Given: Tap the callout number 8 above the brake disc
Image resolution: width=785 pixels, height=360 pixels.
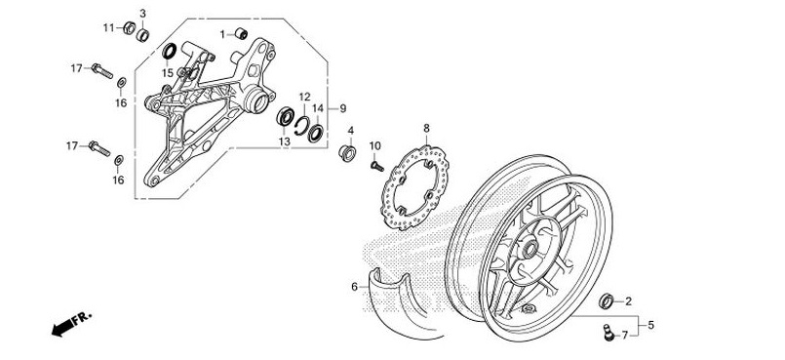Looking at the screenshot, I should click(x=426, y=129).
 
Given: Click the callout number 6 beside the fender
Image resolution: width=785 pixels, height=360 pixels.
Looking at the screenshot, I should click(x=355, y=287).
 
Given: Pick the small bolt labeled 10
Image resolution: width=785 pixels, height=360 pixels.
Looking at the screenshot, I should click(x=373, y=166).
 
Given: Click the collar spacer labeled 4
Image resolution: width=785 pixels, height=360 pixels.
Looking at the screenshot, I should click(x=345, y=153).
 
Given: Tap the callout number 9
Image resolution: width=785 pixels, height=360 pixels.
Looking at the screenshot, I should click(x=343, y=107).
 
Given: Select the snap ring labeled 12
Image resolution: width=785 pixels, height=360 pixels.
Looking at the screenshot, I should click(x=303, y=123).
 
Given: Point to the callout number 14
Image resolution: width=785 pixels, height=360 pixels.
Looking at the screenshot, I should click(x=318, y=108).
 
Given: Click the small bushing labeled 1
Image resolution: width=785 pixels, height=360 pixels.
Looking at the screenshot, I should click(x=239, y=34).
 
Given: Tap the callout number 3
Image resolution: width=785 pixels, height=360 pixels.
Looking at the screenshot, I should click(x=142, y=13).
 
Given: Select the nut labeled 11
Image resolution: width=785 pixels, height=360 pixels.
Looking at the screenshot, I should click(x=127, y=26).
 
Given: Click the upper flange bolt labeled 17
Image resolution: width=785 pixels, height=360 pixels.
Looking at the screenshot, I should click(x=102, y=70).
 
